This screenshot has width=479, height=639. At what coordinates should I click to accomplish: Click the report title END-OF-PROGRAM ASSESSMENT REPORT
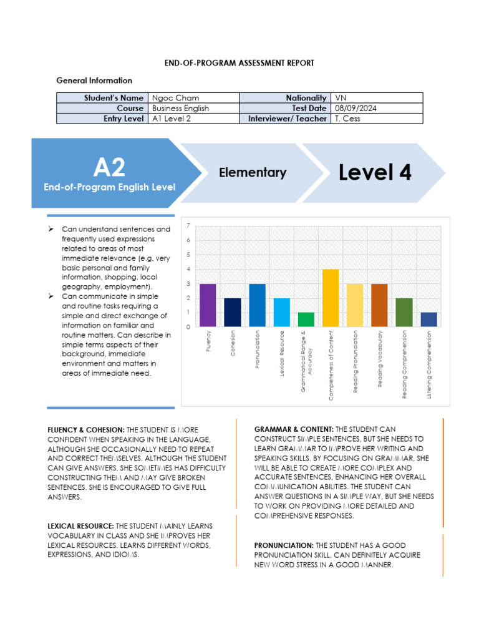pyautogui.click(x=239, y=63)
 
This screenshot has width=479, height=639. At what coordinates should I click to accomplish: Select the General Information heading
pyautogui.click(x=94, y=80)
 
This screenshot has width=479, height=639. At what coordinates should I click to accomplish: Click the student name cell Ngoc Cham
pyautogui.click(x=174, y=98)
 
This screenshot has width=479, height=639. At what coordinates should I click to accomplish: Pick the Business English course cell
pyautogui.click(x=181, y=108)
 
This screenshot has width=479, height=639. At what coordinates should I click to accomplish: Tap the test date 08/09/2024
pyautogui.click(x=356, y=108)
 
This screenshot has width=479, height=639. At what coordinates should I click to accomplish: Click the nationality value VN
pyautogui.click(x=341, y=98)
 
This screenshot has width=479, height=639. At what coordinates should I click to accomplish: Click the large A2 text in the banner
pyautogui.click(x=109, y=167)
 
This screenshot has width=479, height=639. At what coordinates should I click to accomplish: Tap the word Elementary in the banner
pyautogui.click(x=253, y=173)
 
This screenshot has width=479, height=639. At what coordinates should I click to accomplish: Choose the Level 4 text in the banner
pyautogui.click(x=375, y=172)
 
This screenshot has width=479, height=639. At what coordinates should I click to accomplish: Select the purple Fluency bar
pyautogui.click(x=208, y=305)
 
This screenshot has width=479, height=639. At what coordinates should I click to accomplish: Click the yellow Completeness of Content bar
pyautogui.click(x=331, y=298)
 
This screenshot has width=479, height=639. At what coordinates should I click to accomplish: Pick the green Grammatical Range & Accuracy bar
pyautogui.click(x=306, y=319)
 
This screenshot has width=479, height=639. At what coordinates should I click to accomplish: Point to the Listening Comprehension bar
pyautogui.click(x=428, y=319)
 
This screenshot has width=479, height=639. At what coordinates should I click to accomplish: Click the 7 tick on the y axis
pyautogui.click(x=188, y=226)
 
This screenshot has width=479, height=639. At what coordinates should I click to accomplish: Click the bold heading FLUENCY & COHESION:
pyautogui.click(x=86, y=430)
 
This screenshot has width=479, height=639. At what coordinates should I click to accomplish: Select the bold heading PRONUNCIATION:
pyautogui.click(x=284, y=545)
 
